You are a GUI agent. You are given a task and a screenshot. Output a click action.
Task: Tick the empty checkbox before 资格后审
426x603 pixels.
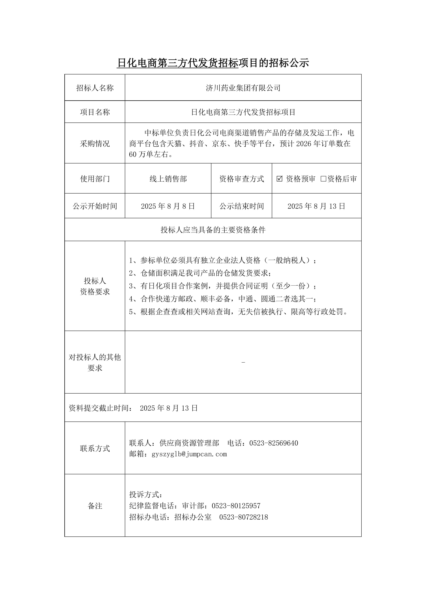(323, 179)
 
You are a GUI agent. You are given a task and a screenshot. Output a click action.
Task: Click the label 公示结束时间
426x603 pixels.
(241, 206)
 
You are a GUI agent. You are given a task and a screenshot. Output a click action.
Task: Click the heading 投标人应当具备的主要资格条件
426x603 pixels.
(213, 230)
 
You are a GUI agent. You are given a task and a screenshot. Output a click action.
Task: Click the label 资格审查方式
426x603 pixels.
(241, 179)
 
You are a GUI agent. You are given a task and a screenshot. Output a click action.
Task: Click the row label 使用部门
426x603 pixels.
(95, 179)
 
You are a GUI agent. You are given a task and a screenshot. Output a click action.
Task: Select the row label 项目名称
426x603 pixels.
(95, 112)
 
